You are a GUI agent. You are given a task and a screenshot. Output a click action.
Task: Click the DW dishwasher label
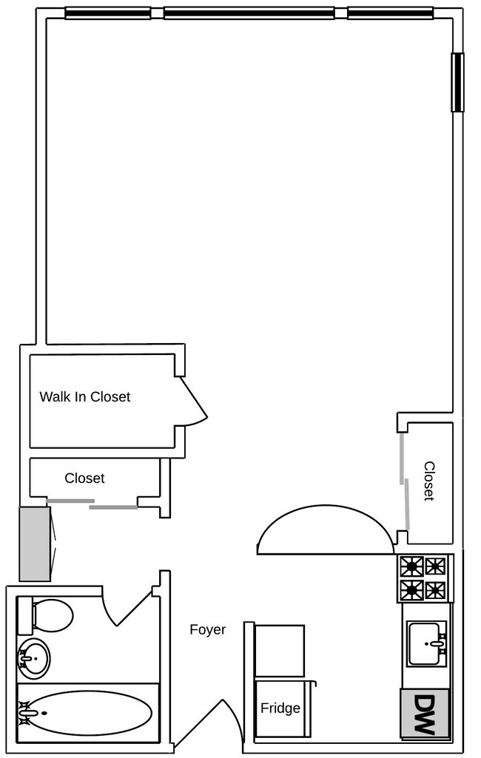[x=425, y=714]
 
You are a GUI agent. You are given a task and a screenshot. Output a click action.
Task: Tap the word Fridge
[x=280, y=708]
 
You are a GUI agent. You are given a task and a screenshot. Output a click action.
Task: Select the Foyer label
[x=207, y=630]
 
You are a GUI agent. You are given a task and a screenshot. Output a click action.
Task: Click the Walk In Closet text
[x=84, y=397]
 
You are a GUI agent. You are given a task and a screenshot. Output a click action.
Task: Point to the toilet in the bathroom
[x=49, y=615]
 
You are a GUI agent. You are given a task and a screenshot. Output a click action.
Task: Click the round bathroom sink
[x=33, y=657]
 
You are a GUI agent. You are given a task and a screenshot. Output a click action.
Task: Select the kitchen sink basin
[x=426, y=643]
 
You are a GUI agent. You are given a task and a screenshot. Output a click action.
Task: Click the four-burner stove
[x=424, y=578]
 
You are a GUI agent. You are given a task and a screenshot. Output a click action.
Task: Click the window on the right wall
[x=458, y=82]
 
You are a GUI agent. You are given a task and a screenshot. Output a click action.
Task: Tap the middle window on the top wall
[x=249, y=13]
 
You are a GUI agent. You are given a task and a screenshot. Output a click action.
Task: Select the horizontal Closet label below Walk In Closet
[x=84, y=478]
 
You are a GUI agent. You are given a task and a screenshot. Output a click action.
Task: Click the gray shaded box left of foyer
[x=34, y=544]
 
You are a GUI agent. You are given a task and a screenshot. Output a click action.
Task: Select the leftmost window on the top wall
[x=108, y=13]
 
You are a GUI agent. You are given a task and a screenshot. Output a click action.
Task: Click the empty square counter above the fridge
[x=280, y=650]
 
